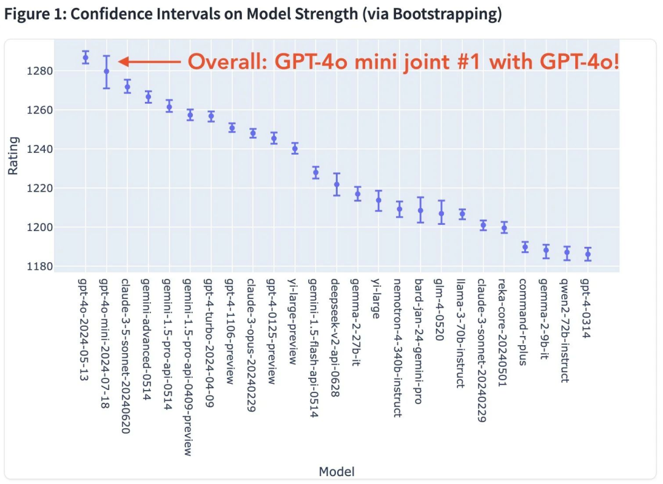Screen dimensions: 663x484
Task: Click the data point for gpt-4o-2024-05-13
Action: point(85,57)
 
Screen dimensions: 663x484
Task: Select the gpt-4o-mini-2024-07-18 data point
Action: point(107,71)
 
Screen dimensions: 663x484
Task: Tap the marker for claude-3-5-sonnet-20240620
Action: point(127,87)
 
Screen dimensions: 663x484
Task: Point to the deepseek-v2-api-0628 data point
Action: point(336,184)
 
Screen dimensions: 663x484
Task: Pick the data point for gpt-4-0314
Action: point(587,254)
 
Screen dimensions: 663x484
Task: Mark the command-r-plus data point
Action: point(525,247)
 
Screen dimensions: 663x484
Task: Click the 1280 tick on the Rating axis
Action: point(40,71)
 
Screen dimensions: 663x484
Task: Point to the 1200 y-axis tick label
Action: point(40,227)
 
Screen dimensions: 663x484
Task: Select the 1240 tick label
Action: point(40,149)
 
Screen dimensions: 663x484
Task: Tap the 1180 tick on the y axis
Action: point(40,267)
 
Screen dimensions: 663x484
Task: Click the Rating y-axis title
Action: point(13,155)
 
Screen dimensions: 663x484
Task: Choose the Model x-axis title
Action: point(336,471)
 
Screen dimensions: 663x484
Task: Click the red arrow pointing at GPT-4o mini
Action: point(150,62)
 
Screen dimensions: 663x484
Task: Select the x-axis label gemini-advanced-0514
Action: point(146,339)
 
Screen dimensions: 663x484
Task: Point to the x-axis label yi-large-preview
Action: point(293,321)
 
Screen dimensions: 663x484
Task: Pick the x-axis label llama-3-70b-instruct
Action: point(461,334)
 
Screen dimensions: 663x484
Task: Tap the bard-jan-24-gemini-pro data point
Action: point(421,210)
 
